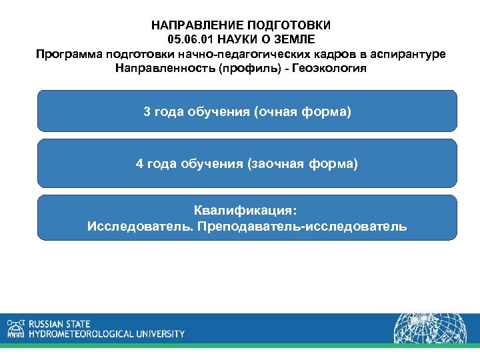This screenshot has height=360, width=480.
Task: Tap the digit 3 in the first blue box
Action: pos(147,111)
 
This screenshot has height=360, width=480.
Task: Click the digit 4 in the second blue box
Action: pos(139,163)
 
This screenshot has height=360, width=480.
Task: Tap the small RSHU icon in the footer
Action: pos(15,327)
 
